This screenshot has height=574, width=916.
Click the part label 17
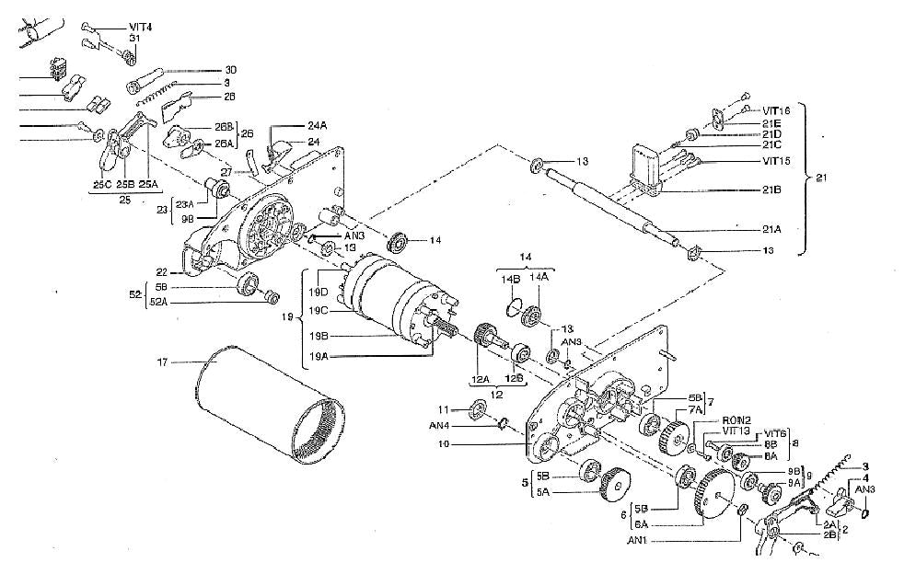(x=164, y=362)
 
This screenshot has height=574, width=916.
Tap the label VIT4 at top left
(x=141, y=26)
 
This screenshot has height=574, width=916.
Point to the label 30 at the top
(x=231, y=69)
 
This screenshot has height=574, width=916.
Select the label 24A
(x=318, y=127)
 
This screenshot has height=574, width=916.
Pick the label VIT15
(x=775, y=162)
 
